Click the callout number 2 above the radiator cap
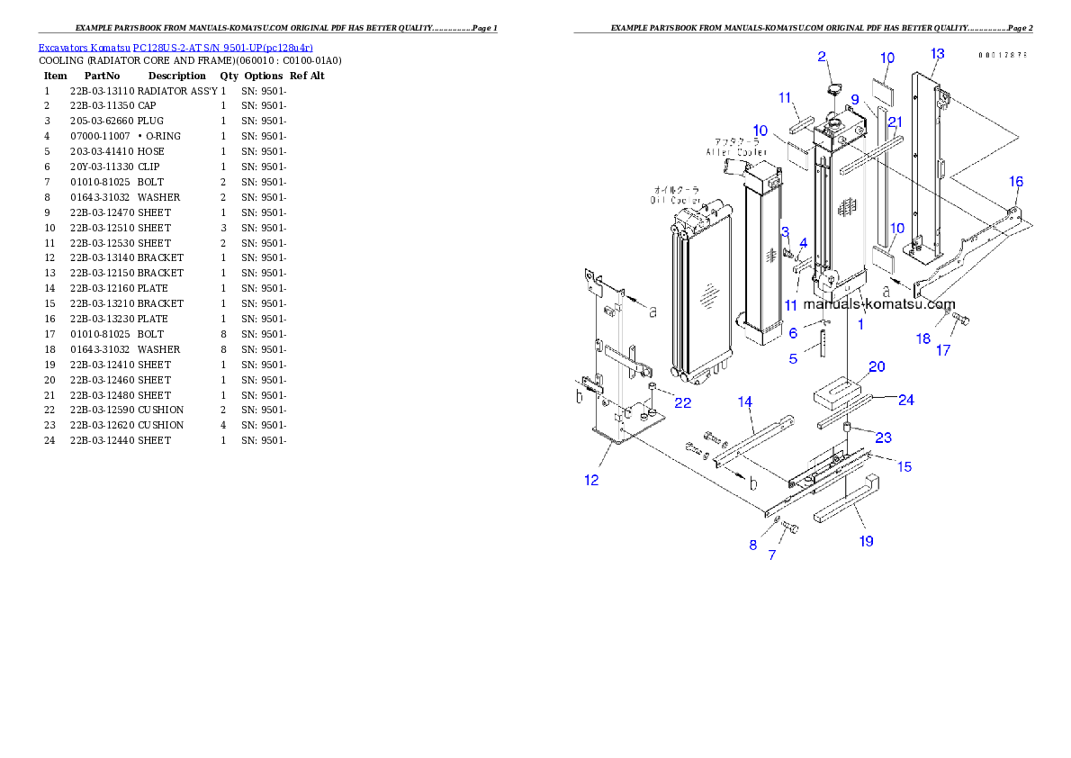point(822,57)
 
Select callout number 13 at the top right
point(937,54)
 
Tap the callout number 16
point(1015,182)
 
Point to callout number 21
point(894,122)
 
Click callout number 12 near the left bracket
point(591,480)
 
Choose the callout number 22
point(683,402)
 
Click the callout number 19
point(866,541)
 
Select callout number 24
point(906,400)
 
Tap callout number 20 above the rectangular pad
point(876,366)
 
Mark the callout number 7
point(771,555)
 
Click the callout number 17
point(942,350)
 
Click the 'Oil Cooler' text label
point(677,195)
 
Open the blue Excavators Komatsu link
point(175,48)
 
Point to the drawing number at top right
point(1003,55)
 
